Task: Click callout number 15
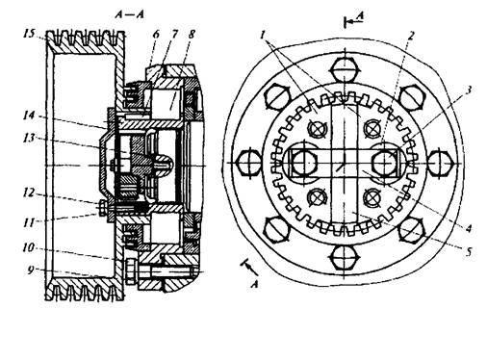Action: [29, 34]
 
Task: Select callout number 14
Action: [29, 115]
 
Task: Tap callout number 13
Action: [29, 138]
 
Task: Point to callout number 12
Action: [29, 193]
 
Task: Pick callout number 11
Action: [29, 222]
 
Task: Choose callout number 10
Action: [29, 247]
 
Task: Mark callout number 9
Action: [30, 270]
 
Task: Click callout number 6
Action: [156, 35]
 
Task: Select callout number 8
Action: [192, 35]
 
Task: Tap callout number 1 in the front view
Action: [263, 35]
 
